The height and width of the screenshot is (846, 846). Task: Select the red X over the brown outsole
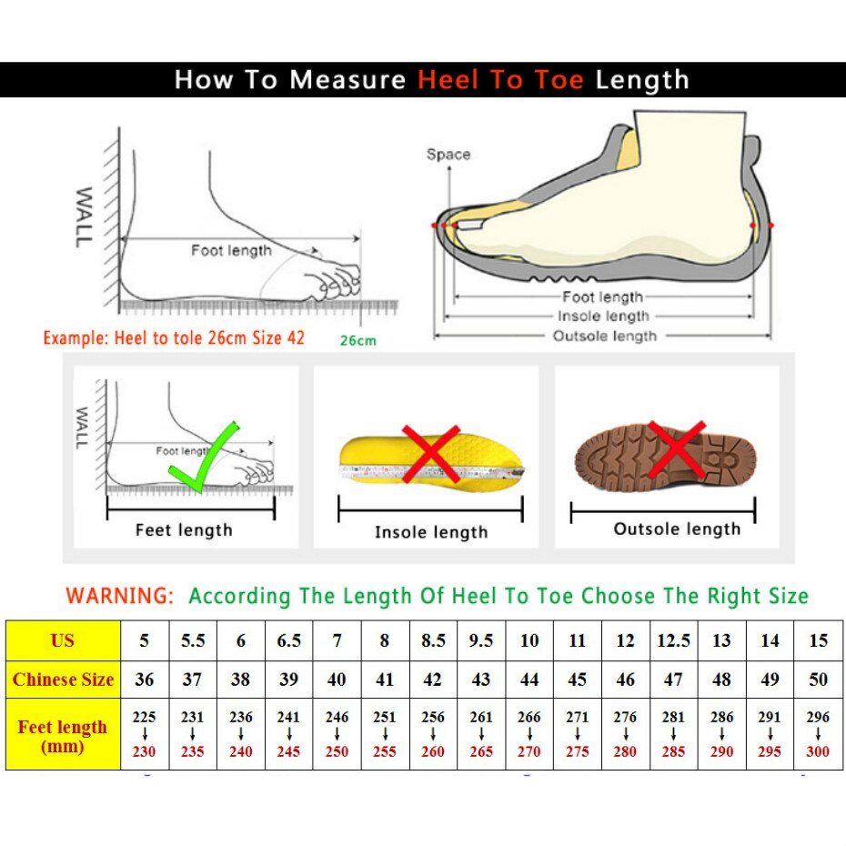point(675,448)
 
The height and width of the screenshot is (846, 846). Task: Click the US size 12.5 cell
point(673,640)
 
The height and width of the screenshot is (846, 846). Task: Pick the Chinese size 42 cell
point(433,680)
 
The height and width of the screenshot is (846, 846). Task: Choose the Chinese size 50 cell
point(818,680)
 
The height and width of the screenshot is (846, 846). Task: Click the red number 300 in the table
point(818,751)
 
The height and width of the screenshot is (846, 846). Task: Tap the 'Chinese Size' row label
point(64,680)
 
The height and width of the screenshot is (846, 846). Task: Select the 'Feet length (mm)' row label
point(63,736)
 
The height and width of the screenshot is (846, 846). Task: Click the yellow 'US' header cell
point(63,640)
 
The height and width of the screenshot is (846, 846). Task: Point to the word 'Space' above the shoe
point(448,155)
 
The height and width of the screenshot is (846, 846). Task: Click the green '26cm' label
point(358,341)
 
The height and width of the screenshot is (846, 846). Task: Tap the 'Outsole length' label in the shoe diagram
point(604,337)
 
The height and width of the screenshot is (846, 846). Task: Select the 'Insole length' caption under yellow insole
point(431,532)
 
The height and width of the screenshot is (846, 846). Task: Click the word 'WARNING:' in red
point(119,597)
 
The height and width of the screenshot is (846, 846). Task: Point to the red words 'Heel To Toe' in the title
point(500,80)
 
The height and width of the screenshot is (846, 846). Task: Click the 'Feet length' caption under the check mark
point(184,530)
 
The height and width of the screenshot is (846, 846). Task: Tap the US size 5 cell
point(145,640)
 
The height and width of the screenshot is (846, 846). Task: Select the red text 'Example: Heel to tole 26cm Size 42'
point(174,337)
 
